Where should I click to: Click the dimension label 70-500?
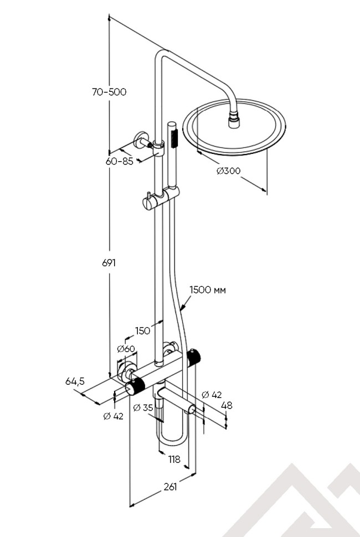coord(110,92)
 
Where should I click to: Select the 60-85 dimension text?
coord(120,161)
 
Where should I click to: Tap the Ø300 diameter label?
coord(229,171)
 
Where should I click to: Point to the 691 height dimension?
coord(109,263)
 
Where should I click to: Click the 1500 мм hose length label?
coord(208,290)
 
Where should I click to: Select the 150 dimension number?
coord(142,331)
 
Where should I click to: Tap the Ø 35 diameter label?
coord(143,408)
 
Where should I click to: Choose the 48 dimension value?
coord(227,405)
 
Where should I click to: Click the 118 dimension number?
coord(175,459)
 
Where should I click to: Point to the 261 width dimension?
coord(170,487)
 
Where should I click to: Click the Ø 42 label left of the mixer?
coord(113,416)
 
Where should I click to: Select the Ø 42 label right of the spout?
coord(212,394)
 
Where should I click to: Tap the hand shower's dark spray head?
coord(172,135)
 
